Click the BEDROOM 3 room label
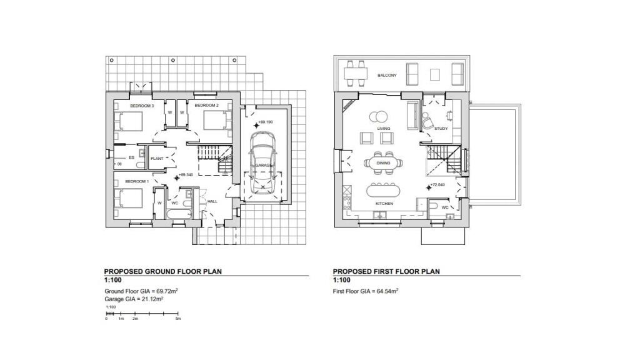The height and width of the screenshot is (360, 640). (x=142, y=106)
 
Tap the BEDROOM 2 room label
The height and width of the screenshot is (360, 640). (x=208, y=106)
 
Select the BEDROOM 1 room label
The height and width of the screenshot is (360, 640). (x=136, y=181)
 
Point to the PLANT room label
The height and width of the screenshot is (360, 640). (x=157, y=159)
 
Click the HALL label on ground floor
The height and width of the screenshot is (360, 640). (x=212, y=201)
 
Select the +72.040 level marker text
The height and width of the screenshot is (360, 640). (x=437, y=186)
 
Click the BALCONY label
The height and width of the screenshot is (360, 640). (x=386, y=76)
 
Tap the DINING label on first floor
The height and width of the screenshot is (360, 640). (x=383, y=163)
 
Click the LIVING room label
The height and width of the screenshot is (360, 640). (x=383, y=129)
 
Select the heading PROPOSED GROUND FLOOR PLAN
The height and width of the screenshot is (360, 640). (x=162, y=272)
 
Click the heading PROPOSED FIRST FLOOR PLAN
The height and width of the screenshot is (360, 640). (x=386, y=272)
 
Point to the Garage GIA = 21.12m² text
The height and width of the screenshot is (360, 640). (x=134, y=299)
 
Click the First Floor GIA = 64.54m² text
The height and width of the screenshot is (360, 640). (x=366, y=291)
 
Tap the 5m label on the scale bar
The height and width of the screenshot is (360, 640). (x=178, y=319)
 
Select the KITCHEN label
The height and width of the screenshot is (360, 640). (x=383, y=204)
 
